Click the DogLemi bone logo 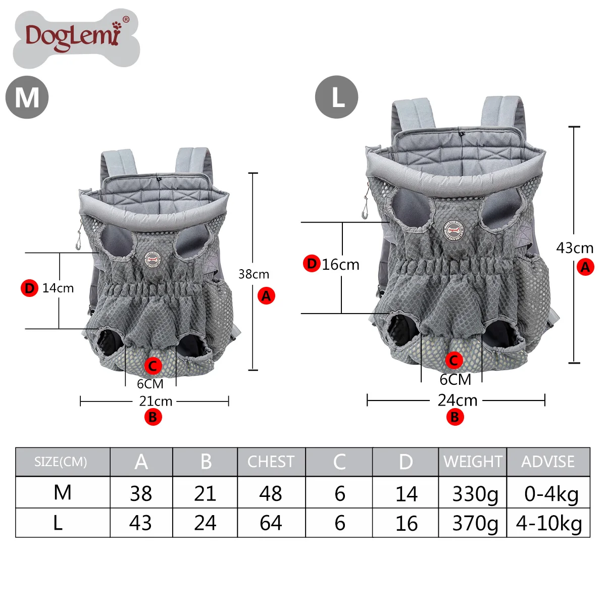click(x=76, y=37)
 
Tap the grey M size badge click(x=27, y=97)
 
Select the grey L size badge click(x=336, y=97)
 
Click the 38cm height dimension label click(x=254, y=274)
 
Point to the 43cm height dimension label click(x=575, y=248)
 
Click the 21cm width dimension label click(x=156, y=401)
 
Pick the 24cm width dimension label click(x=458, y=400)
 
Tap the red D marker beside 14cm click(x=29, y=288)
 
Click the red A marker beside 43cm click(x=585, y=267)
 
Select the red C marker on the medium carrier click(x=153, y=366)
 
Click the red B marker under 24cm click(x=454, y=417)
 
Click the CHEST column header click(x=271, y=462)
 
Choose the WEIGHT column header click(x=473, y=462)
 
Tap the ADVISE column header click(x=548, y=462)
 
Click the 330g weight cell click(x=475, y=494)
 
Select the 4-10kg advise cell click(x=549, y=523)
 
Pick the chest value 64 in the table click(x=271, y=523)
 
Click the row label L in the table click(x=58, y=523)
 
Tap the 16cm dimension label click(x=341, y=265)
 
